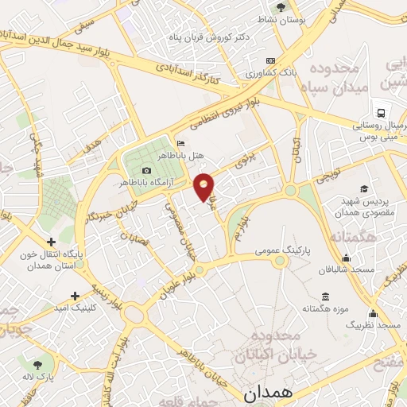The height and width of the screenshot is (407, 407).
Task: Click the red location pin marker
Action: pos(204,186)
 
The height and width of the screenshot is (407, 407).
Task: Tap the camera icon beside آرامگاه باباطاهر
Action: pos(146,170)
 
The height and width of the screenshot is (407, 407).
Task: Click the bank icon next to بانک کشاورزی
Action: pos(270,60)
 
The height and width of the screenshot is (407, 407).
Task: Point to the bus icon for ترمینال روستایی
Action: pos(382,113)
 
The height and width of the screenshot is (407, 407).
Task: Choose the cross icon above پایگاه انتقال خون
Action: pos(52,242)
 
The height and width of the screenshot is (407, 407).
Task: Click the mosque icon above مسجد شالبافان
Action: pos(347,257)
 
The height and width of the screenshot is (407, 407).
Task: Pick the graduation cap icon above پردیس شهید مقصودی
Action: pos(363,188)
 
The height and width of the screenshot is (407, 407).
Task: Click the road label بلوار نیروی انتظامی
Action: pos(226,111)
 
